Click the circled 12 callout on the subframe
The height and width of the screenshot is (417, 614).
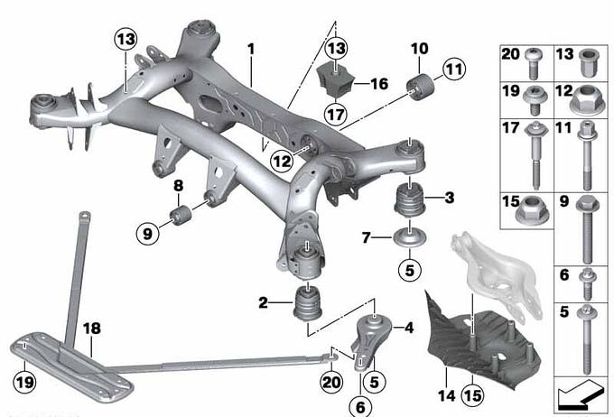coord(283,161)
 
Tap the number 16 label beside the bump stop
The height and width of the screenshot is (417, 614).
coord(378,84)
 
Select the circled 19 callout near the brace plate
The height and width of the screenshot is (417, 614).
coord(24,382)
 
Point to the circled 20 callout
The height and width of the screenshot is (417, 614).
coord(331,382)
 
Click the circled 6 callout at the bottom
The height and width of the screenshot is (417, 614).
coord(360,407)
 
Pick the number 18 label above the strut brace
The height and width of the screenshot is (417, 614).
coord(92,329)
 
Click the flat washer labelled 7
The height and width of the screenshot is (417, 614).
coord(410,238)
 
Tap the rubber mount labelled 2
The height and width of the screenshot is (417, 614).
coord(308,304)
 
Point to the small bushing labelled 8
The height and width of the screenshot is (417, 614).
coord(181,215)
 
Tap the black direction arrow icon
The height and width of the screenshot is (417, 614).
coord(581,396)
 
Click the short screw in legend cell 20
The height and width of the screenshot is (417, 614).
coord(533,63)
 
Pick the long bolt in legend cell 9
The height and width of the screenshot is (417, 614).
coord(586,230)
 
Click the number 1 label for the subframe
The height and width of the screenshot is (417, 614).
coord(251,50)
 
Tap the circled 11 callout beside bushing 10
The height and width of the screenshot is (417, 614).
coord(454,69)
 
